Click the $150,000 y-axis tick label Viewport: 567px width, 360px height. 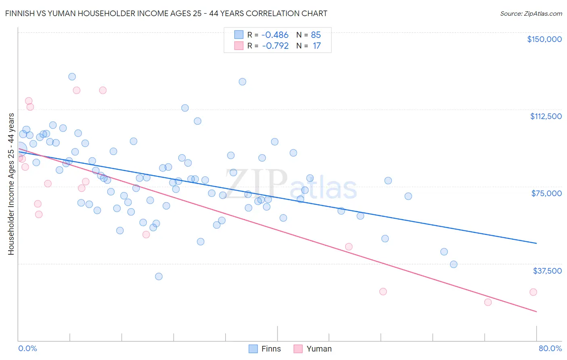[x=544, y=39]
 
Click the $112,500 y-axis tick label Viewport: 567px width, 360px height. [x=546, y=116]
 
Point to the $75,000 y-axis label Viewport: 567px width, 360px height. [x=546, y=193]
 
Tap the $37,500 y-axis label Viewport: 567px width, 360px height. [x=547, y=271]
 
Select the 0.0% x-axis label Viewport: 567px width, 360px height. [x=27, y=348]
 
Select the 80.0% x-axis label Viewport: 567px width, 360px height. [x=550, y=348]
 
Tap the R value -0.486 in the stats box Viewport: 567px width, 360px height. [x=275, y=35]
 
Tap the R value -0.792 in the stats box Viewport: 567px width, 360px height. [x=275, y=46]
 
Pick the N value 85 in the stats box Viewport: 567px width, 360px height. [x=316, y=35]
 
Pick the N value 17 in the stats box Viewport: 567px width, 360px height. [x=317, y=46]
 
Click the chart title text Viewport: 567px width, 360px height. [x=166, y=13]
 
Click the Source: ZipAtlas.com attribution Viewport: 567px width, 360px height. [x=531, y=13]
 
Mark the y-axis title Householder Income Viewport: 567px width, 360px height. [x=11, y=184]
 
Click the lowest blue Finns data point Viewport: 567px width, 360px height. [x=159, y=276]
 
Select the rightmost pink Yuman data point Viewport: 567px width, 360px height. [x=533, y=292]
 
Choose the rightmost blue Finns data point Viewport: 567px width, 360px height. [x=454, y=264]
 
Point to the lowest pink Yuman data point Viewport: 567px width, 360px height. [x=488, y=302]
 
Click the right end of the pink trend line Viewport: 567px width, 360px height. [x=536, y=312]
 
